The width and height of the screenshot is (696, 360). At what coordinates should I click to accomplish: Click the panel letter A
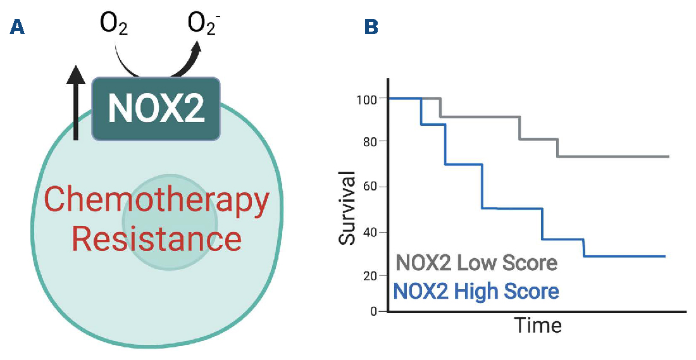(19, 28)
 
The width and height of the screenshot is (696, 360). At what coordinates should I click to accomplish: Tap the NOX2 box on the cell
(156, 109)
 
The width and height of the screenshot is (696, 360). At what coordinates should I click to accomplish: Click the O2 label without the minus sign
(115, 26)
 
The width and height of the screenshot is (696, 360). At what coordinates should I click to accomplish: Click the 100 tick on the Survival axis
(367, 99)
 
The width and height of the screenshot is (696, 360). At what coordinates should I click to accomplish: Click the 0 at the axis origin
(373, 311)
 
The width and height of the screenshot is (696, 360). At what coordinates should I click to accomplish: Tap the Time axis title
(537, 326)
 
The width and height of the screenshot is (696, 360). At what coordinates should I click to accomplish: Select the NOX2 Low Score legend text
(476, 263)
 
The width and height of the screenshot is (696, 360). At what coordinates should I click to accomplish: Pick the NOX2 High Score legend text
(476, 292)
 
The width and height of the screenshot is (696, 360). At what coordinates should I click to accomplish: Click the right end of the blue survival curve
(664, 256)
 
